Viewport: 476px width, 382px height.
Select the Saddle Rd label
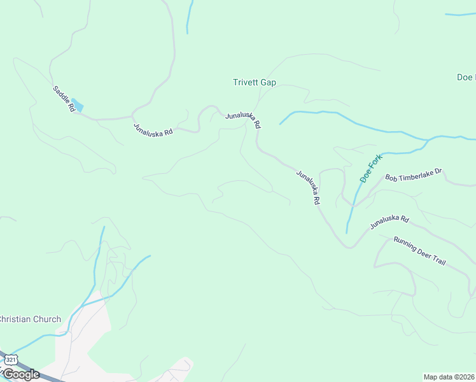click(x=64, y=99)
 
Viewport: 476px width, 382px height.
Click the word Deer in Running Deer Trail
click(x=428, y=254)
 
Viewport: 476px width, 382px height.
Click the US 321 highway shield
click(x=10, y=360)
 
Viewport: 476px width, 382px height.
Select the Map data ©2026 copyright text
click(x=449, y=376)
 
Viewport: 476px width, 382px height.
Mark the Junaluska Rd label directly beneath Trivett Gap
click(x=242, y=119)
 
